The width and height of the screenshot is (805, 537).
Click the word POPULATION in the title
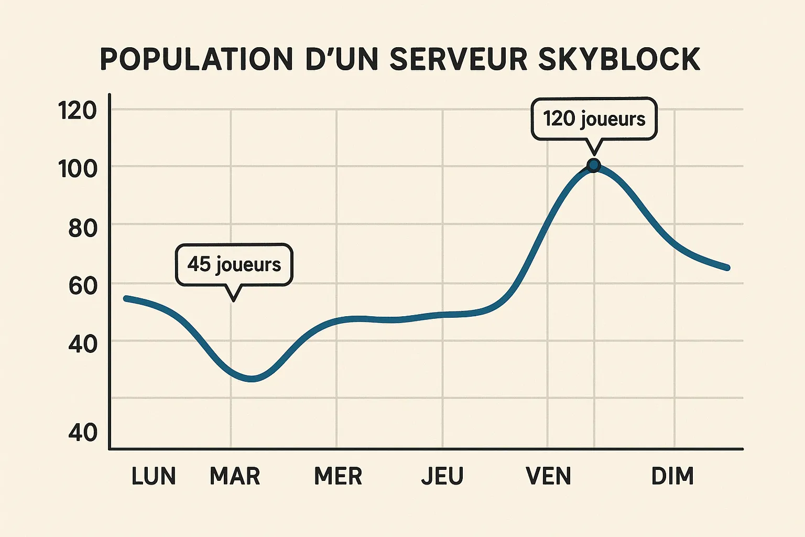[195, 59]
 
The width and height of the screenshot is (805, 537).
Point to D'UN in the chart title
[341, 59]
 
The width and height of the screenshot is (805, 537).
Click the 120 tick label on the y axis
[78, 111]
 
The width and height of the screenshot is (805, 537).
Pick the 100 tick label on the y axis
[78, 169]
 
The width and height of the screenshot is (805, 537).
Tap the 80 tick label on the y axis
[83, 228]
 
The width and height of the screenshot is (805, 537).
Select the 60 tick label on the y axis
[83, 286]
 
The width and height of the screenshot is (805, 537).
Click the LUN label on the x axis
[154, 476]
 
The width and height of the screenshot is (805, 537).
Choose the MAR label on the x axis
[235, 476]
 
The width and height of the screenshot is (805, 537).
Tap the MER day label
[338, 476]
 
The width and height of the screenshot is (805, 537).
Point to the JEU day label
[442, 476]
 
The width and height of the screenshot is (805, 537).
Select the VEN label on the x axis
[548, 476]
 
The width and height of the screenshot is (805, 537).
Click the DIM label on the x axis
[672, 476]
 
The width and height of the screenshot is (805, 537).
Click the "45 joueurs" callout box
[234, 264]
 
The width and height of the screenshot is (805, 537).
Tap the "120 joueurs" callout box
[594, 119]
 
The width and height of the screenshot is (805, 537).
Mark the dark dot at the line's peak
[594, 165]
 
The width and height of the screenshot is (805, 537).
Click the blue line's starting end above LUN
[126, 298]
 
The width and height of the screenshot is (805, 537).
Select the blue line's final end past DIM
[727, 268]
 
